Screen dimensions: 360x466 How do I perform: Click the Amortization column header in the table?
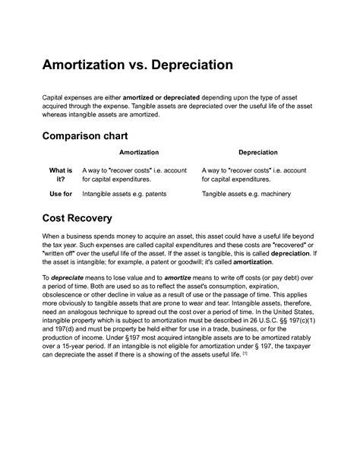[x=139, y=154]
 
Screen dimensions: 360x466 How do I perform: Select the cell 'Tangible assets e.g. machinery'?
[x=247, y=195]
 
